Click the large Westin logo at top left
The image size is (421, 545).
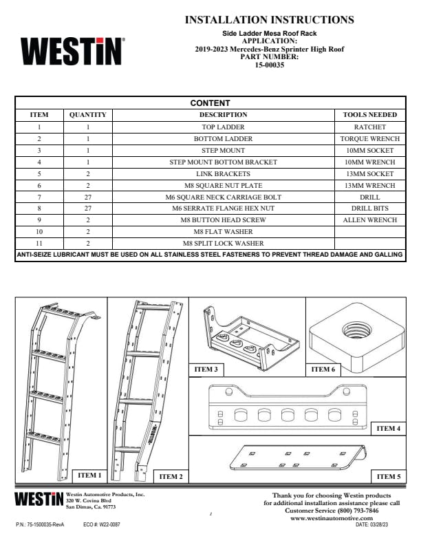coord(72,52)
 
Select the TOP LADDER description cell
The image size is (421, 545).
coord(223,127)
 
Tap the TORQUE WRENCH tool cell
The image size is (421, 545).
coord(369,139)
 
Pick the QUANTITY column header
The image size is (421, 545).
coord(88,115)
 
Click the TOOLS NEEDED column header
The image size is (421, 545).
coord(369,115)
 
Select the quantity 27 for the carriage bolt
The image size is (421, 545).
coord(88,197)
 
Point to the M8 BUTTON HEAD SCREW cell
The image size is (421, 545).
coord(223,221)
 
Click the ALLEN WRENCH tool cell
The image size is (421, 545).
coord(369,220)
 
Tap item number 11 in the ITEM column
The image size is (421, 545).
coord(39,244)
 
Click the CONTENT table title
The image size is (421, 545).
coord(210,103)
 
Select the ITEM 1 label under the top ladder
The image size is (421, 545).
coord(89,475)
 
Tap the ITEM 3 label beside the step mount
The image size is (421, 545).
coord(206,370)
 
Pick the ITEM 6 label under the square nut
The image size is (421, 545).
coord(323,370)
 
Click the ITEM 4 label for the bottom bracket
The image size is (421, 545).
coord(388,428)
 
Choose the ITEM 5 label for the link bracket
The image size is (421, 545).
coord(388,476)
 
